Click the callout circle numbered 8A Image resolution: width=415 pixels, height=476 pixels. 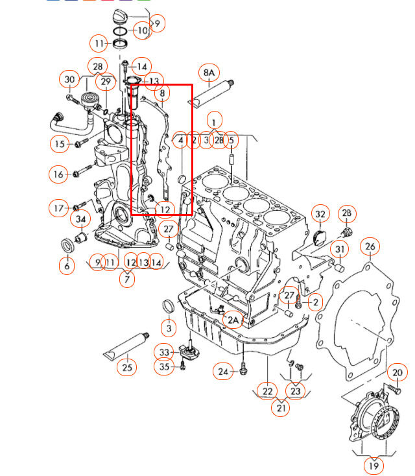pyautogui.click(x=209, y=73)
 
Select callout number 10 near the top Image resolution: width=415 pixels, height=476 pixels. pyautogui.click(x=142, y=30)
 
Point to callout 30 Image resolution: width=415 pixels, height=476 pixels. pyautogui.click(x=70, y=80)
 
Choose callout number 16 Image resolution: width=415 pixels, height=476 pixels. pyautogui.click(x=59, y=174)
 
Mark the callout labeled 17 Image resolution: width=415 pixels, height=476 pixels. pyautogui.click(x=59, y=208)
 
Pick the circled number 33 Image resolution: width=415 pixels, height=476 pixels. pyautogui.click(x=164, y=352)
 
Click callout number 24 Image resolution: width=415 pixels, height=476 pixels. pyautogui.click(x=224, y=372)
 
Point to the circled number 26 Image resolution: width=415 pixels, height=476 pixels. pyautogui.click(x=370, y=246)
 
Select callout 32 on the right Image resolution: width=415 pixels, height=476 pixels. pyautogui.click(x=320, y=215)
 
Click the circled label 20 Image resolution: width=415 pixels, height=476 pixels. pyautogui.click(x=397, y=373)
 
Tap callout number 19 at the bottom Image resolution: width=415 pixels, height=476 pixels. pyautogui.click(x=373, y=466)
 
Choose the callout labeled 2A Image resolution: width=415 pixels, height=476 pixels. pyautogui.click(x=233, y=319)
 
